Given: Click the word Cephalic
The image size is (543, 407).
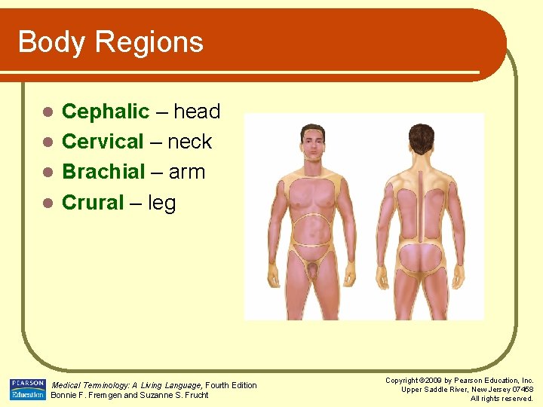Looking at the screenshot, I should coord(106,112).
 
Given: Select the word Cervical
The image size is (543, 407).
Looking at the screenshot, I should coord(103,142).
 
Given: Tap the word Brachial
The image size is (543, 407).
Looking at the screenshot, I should coord(103,172).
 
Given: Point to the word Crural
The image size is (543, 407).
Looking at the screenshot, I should coord(93,202).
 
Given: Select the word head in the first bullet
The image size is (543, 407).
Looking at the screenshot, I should coord(197,112).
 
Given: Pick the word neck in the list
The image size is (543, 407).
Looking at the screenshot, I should coord(189,142).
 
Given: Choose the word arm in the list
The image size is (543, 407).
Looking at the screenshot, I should coord(187,172).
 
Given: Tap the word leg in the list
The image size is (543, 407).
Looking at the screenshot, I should coord(162,202).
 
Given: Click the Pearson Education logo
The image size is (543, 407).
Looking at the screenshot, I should coord(27,389).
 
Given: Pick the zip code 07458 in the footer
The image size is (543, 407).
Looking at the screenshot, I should coord(521,390).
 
